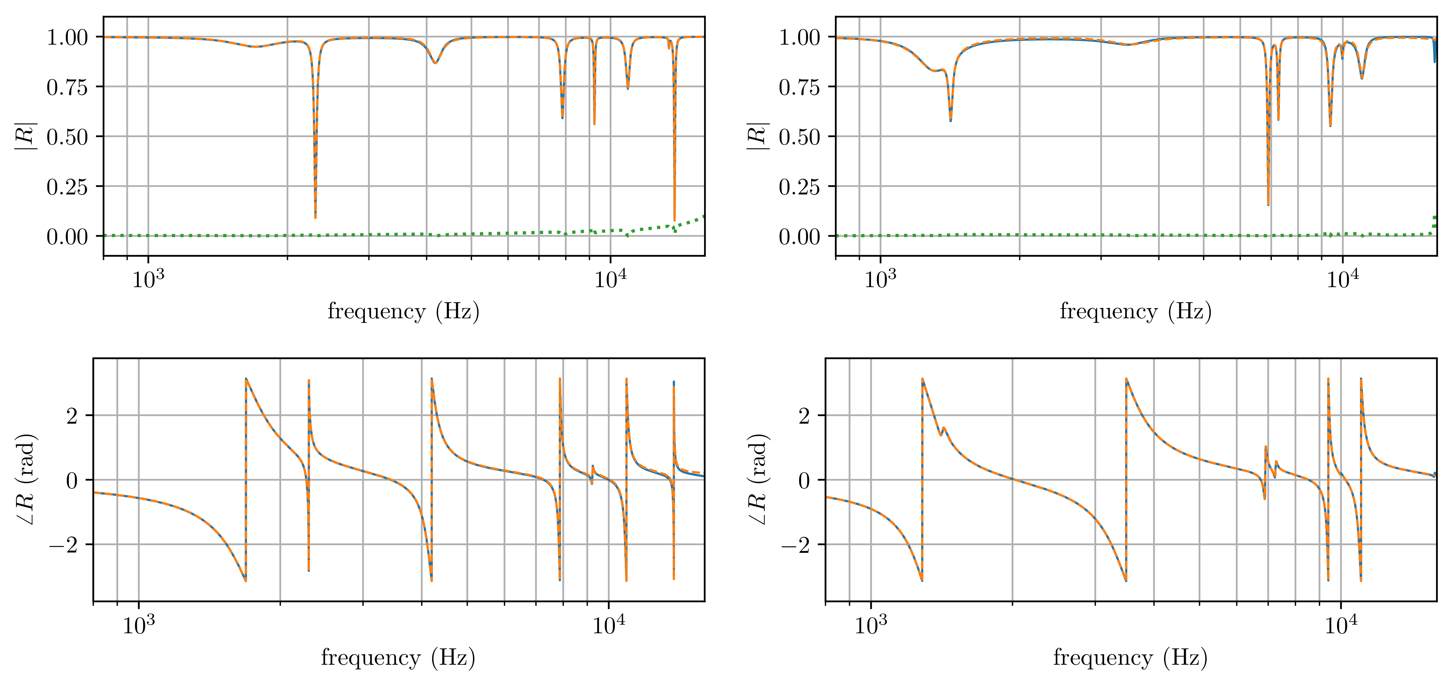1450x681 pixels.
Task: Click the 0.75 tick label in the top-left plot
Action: [x=67, y=87]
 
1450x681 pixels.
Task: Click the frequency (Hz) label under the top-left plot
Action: [x=404, y=311]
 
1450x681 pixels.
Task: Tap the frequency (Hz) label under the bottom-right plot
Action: [x=1130, y=657]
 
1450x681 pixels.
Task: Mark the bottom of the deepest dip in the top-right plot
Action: [x=1268, y=204]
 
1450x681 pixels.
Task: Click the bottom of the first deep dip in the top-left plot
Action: [x=315, y=217]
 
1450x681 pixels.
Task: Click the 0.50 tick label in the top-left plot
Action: [x=67, y=137]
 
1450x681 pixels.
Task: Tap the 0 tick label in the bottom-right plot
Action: [x=804, y=481]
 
